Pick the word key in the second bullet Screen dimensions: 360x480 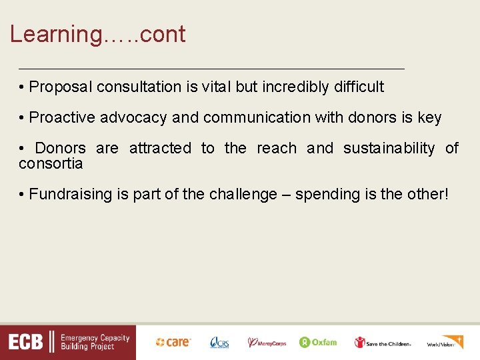point(429,118)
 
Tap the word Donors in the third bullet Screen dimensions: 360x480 point(60,148)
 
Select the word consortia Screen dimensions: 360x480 point(51,163)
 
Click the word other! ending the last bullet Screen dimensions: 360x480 point(428,194)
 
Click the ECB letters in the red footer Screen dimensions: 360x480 point(26,343)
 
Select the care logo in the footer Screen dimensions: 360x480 point(173,342)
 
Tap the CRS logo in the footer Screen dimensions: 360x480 point(219,343)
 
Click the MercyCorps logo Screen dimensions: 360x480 point(267,343)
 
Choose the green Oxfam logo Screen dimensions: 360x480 point(318,342)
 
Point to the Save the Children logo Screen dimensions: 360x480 point(383,343)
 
